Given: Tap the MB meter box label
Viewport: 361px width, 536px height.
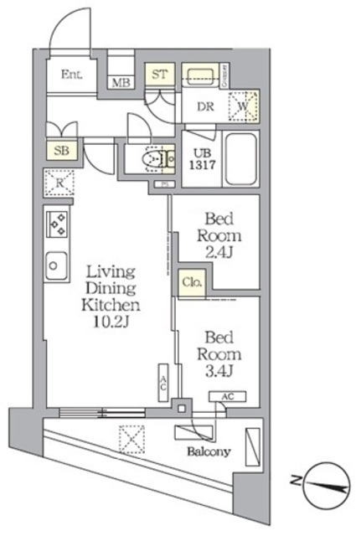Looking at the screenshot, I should [121, 83].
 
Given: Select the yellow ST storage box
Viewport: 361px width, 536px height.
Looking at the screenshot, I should [160, 74].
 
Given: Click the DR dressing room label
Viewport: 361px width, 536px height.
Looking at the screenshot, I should [206, 106].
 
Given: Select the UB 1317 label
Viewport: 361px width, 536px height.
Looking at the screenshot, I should [205, 159].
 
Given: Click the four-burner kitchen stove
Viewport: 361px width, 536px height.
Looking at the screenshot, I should [59, 224].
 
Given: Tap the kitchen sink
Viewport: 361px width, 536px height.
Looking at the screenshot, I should [57, 266].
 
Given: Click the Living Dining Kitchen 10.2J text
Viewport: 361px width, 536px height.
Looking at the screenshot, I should [109, 296].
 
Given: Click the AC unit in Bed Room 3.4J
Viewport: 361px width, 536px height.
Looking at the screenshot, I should [228, 397].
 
